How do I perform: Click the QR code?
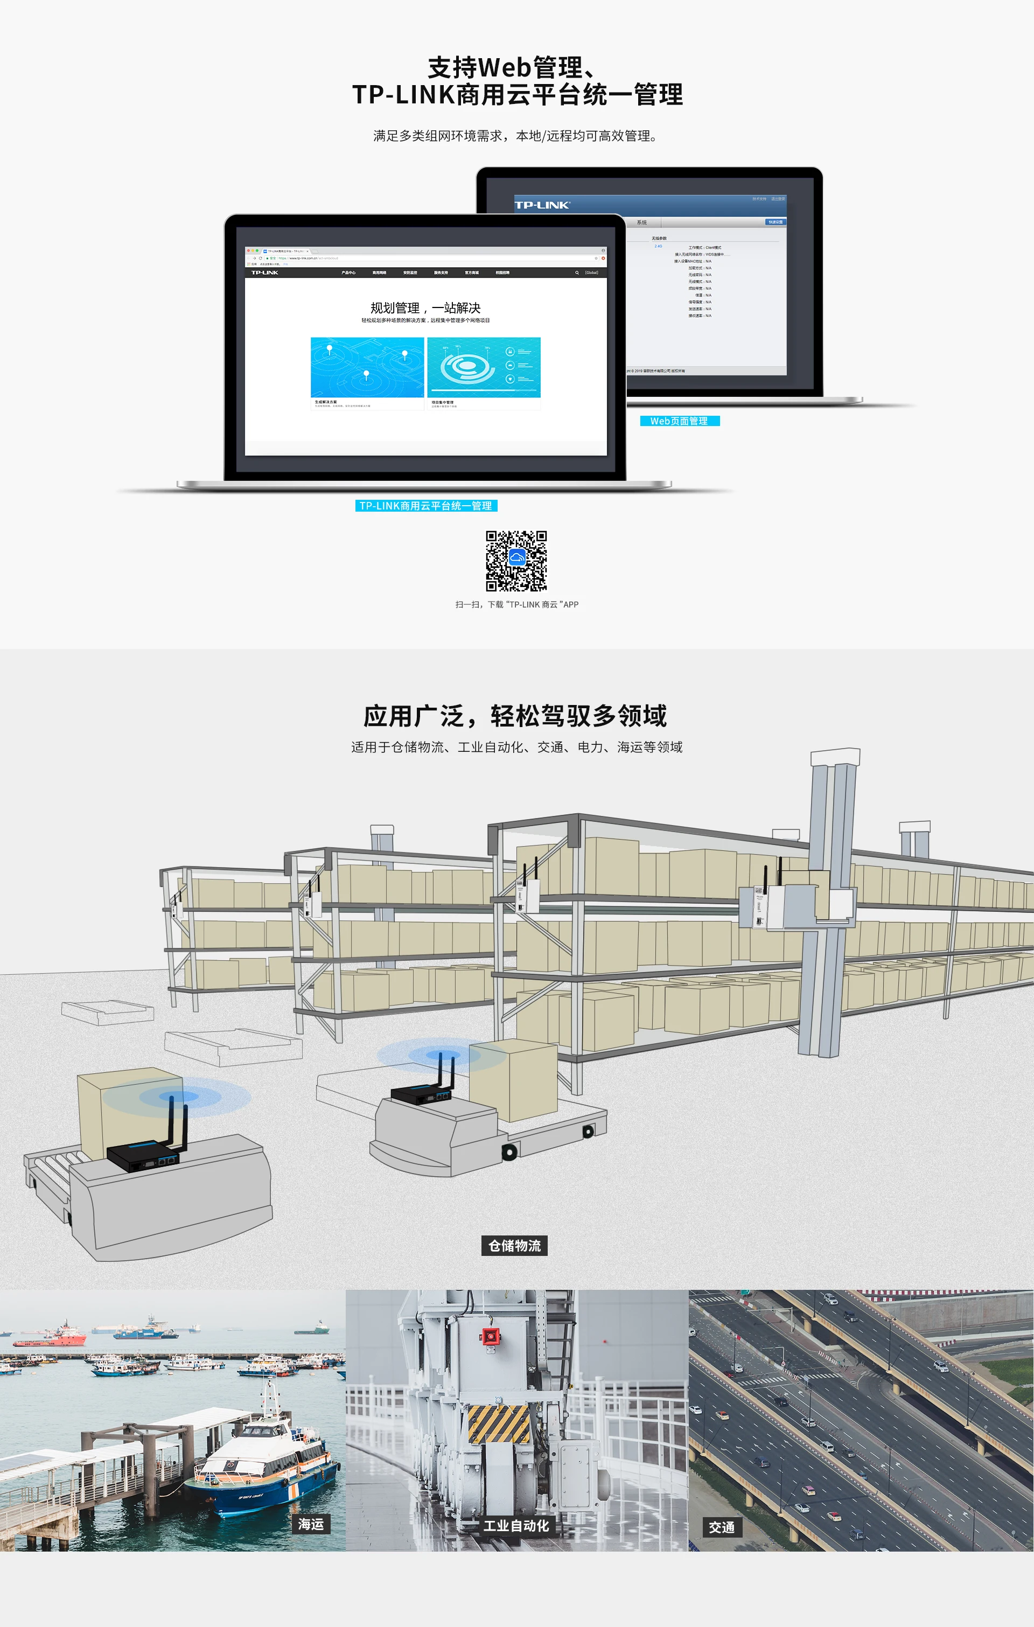tap(516, 561)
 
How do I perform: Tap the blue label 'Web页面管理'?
tap(679, 421)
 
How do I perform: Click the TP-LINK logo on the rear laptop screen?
tap(542, 205)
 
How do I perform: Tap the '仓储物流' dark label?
tap(514, 1245)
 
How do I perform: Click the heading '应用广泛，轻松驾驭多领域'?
tap(515, 716)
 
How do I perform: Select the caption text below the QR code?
tap(516, 605)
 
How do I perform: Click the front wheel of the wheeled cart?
tap(509, 1153)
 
